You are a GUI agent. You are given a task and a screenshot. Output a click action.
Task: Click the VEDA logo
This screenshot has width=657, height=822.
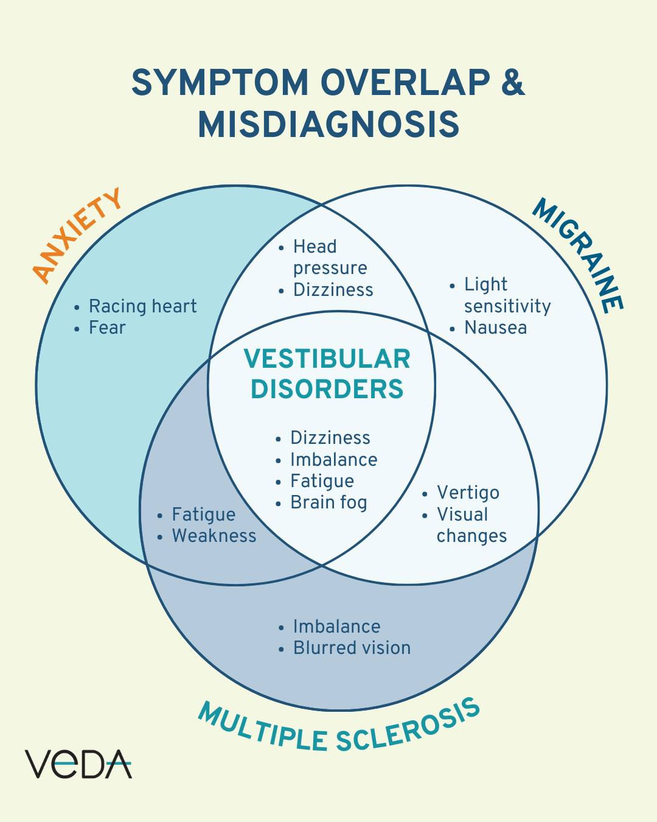coord(78,764)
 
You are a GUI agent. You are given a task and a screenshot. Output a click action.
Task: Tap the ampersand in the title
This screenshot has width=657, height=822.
coord(513,82)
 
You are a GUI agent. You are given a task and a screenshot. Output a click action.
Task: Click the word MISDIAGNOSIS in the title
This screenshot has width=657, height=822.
coord(328,124)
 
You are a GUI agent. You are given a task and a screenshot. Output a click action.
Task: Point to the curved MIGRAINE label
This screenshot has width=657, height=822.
coord(579,255)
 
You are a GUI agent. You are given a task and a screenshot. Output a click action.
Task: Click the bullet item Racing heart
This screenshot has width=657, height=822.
coord(142,306)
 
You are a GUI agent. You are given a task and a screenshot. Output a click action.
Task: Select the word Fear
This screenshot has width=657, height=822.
coord(107,328)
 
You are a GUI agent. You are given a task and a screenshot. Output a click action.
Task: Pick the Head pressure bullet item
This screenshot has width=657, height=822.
coord(330,257)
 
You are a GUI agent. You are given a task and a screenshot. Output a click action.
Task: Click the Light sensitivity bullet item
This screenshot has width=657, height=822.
coord(507,295)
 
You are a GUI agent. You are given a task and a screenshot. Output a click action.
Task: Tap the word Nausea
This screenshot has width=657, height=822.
coord(495,328)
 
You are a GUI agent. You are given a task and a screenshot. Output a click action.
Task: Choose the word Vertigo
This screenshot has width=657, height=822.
coord(468,493)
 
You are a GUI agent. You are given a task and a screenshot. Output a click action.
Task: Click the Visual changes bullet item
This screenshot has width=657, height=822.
coord(471,525)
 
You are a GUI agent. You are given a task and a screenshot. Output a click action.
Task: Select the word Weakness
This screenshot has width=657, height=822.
coord(214,536)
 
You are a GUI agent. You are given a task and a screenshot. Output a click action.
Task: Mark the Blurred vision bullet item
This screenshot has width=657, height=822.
coord(352,648)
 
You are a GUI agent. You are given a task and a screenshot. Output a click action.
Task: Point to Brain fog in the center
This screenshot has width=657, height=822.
coord(328,502)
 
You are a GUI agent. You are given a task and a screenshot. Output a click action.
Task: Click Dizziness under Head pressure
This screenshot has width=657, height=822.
coord(333,290)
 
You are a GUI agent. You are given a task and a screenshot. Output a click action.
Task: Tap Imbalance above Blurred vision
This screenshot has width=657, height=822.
coord(336,627)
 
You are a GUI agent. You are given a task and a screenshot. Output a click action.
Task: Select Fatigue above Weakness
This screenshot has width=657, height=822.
coord(203,515)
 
